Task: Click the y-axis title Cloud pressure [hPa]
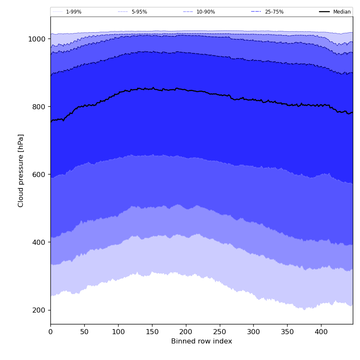[x=21, y=170]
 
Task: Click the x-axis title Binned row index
[x=202, y=341]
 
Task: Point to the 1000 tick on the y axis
[x=37, y=39]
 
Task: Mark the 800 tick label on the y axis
[x=39, y=107]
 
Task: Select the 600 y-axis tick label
[x=39, y=174]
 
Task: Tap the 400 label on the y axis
[x=39, y=242]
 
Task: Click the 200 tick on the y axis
[x=39, y=310]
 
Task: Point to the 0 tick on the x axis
[x=50, y=332]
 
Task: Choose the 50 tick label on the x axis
[x=84, y=332]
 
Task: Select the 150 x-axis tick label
[x=152, y=332]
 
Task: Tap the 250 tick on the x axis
[x=219, y=332]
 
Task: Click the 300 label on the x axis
[x=253, y=332]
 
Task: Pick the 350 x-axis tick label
[x=287, y=332]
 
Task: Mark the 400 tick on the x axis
[x=321, y=332]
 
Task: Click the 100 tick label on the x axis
[x=118, y=332]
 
